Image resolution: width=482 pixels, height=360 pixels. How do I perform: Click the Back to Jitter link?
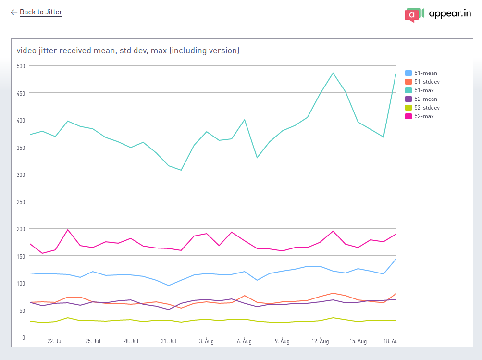pos(41,12)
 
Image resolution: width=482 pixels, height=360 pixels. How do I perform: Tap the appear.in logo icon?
pos(414,14)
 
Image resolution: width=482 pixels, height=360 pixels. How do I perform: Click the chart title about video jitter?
pos(128,50)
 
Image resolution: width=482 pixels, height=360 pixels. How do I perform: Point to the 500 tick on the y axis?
pos(20,65)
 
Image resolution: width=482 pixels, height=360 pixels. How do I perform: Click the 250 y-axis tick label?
pos(20,201)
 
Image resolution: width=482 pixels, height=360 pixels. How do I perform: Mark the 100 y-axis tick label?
pos(20,283)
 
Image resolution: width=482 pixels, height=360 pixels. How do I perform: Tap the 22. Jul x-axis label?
pos(55,341)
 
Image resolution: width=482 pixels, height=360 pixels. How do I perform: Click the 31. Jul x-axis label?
pos(169,341)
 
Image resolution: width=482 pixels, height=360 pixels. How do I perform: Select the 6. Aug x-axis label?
pos(244,341)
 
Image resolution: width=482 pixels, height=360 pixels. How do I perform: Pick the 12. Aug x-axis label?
pos(320,341)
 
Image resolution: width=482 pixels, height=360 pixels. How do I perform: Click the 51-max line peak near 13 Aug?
pos(333,73)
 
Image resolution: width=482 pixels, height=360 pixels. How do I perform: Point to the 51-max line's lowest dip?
pos(181,170)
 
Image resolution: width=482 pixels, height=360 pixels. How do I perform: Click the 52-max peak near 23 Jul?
pos(68,230)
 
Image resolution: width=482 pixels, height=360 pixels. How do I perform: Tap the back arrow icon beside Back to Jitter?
pos(13,12)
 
